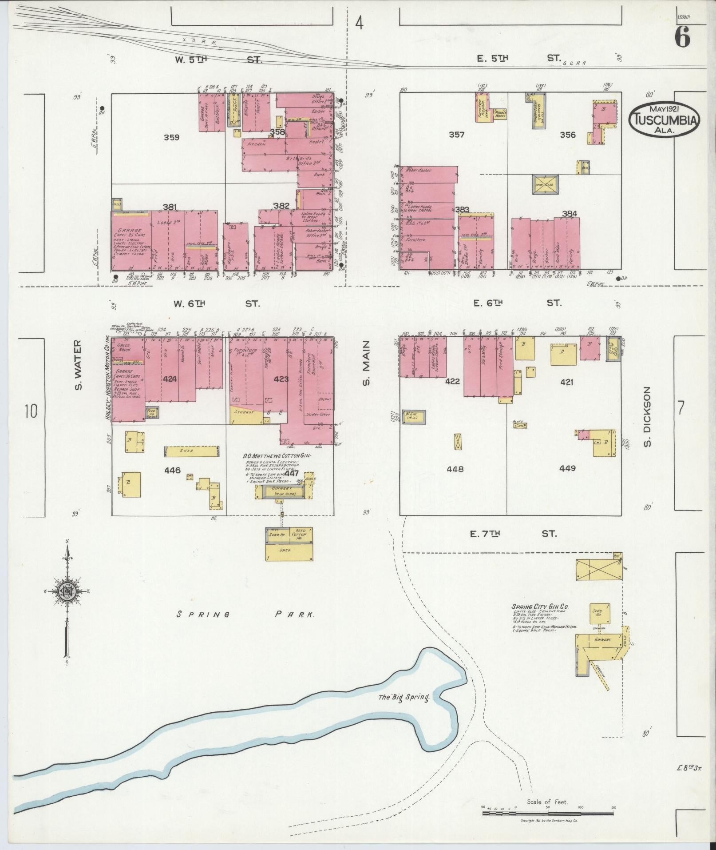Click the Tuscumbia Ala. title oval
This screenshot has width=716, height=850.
click(664, 118)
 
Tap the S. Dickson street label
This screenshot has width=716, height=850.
click(647, 417)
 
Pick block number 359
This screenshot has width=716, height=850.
click(171, 138)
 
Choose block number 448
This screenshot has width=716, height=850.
click(455, 469)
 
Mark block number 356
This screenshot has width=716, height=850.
click(568, 136)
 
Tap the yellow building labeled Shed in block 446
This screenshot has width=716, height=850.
click(192, 451)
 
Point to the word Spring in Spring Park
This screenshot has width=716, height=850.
click(203, 615)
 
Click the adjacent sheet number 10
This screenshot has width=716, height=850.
click(31, 411)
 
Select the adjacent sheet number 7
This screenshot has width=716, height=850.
click(682, 407)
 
